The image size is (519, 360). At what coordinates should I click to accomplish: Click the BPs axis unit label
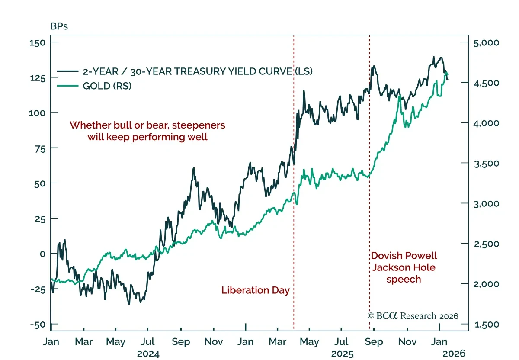(59, 26)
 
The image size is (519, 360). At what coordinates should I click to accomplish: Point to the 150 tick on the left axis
(38, 42)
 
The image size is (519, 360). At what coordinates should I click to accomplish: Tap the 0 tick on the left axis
(43, 254)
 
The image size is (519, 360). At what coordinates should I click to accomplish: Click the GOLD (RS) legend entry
(107, 86)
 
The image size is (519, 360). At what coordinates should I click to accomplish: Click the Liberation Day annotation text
(256, 290)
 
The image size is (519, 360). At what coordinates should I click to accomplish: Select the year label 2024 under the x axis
(148, 354)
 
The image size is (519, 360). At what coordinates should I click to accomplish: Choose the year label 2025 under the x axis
(343, 354)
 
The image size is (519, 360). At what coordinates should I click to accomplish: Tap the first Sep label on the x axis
(181, 342)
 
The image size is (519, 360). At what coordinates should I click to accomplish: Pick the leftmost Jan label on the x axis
(51, 342)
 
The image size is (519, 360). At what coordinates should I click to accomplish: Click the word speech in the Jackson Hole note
(404, 279)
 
